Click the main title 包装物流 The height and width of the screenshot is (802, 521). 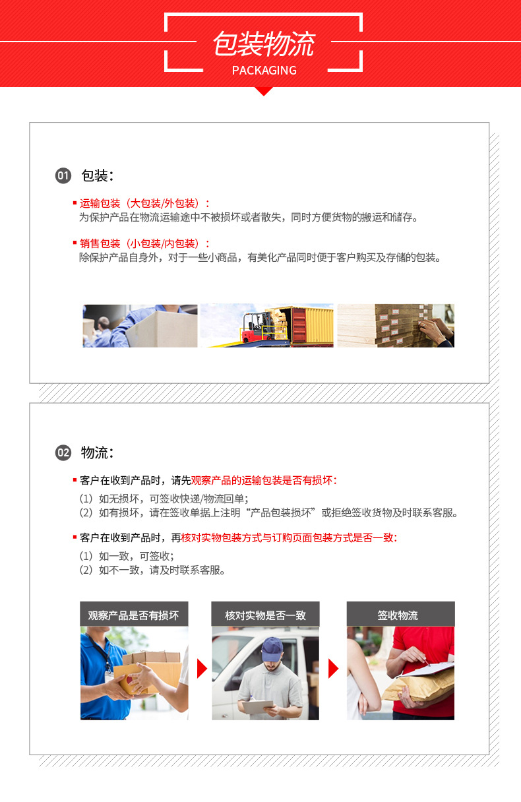tap(263, 44)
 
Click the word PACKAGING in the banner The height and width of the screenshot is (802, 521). tap(264, 71)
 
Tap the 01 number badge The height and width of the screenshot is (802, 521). tap(63, 175)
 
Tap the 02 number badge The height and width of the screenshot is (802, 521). tap(63, 452)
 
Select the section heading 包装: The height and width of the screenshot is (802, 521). tap(98, 175)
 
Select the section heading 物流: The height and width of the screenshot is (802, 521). tap(98, 452)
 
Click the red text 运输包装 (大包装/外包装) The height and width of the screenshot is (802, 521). tap(144, 203)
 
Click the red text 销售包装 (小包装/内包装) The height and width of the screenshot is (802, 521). tap(144, 243)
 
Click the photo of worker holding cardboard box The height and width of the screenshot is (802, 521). tap(140, 325)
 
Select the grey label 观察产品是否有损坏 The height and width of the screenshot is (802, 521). tap(134, 615)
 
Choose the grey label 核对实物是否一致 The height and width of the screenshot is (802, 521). tap(265, 615)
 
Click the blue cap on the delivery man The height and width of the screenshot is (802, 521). tap(271, 649)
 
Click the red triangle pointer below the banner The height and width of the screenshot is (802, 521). tap(264, 91)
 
